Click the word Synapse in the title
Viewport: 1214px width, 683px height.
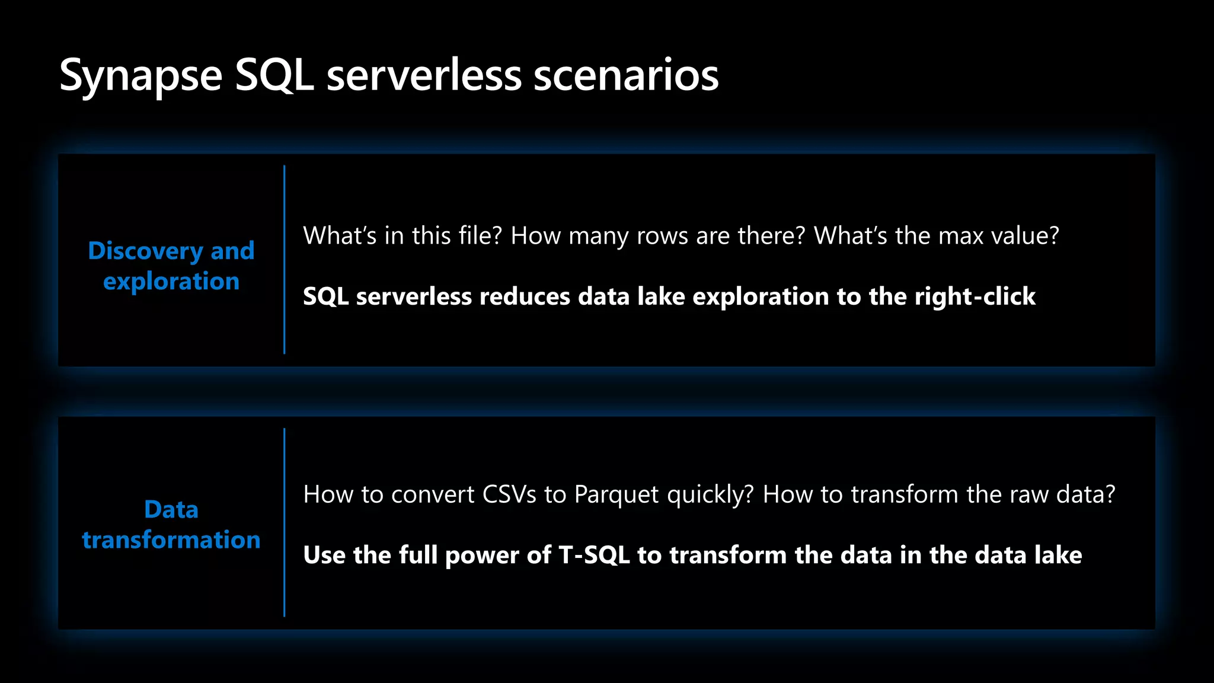141,76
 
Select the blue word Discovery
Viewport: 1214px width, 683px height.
146,251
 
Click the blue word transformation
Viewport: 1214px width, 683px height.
171,540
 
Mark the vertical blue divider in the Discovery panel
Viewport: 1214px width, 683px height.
285,260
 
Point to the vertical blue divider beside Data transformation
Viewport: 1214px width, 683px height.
285,522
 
